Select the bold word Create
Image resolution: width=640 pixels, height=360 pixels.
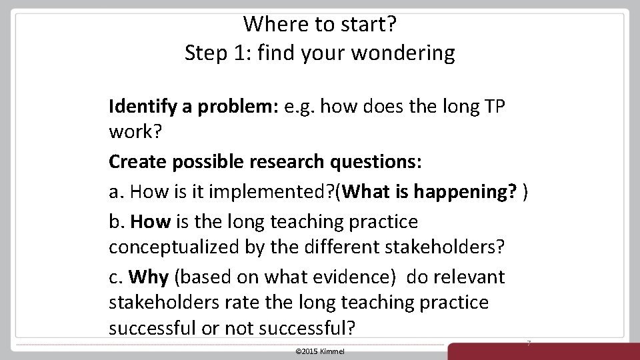tap(133, 162)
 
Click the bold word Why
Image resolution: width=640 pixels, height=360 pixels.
tap(148, 276)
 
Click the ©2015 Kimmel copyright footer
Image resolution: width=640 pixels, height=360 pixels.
tap(319, 351)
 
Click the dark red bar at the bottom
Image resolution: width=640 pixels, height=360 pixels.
tap(543, 351)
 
